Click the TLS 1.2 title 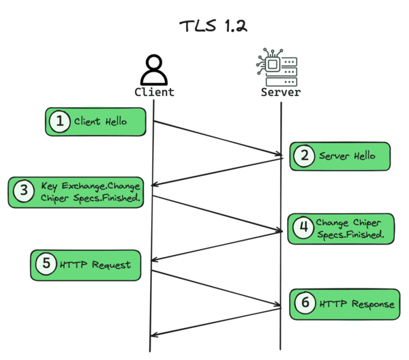coord(213,27)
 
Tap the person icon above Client coord(154,70)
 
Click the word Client coord(154,92)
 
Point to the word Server coord(281,92)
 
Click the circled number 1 coord(60,122)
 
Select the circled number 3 coord(23,192)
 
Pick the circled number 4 coord(302,228)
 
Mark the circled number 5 coord(46,264)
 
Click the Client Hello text coord(101,122)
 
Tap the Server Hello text coord(346,156)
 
